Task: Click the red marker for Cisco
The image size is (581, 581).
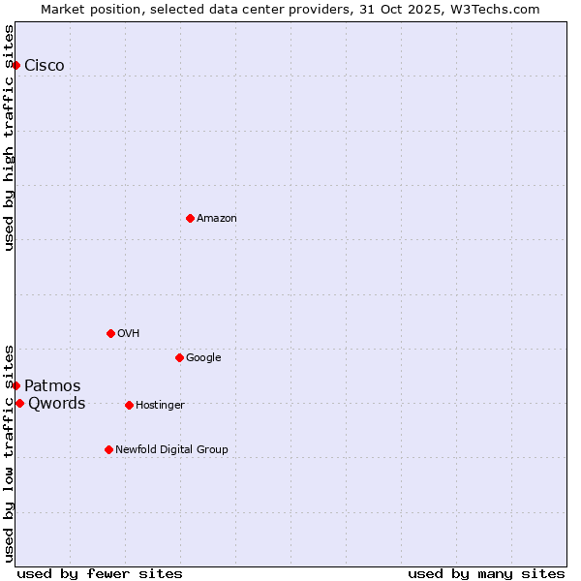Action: click(16, 65)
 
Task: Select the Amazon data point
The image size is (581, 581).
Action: click(190, 218)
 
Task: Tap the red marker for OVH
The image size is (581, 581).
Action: click(110, 333)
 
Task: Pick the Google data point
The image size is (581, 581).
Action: click(179, 357)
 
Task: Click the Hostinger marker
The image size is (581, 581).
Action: click(129, 405)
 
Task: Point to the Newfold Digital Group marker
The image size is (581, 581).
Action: click(108, 449)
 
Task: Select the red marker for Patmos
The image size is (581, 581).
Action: click(16, 385)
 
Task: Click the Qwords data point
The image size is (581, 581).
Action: click(19, 403)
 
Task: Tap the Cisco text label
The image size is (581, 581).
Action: click(45, 66)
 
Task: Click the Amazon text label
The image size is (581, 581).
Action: click(217, 219)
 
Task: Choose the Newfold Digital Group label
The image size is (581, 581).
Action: click(172, 449)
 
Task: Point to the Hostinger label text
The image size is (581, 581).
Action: click(160, 405)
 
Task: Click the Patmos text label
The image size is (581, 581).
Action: click(52, 386)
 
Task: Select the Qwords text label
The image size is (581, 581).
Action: click(56, 404)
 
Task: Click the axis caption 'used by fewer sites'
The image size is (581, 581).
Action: click(100, 573)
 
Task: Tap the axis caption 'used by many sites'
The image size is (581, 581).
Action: click(486, 573)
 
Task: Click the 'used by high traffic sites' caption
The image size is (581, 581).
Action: click(9, 138)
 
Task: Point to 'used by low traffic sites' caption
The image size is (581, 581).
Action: click(9, 453)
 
